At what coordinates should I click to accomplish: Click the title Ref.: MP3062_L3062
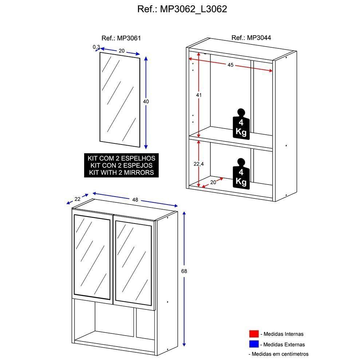click(182, 9)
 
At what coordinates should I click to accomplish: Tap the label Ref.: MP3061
click(121, 38)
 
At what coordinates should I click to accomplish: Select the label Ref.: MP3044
click(251, 37)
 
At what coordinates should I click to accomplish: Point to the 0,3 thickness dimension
click(96, 47)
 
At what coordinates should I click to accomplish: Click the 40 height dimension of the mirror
click(146, 102)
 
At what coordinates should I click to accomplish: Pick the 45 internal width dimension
click(230, 65)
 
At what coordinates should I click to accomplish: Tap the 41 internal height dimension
click(198, 95)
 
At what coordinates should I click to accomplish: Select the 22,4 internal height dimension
click(198, 164)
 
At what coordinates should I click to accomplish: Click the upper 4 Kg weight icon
click(241, 124)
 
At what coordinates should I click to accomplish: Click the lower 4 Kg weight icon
click(241, 174)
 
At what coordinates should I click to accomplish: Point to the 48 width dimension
click(135, 199)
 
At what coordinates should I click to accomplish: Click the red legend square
click(254, 334)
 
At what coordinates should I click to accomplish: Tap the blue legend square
click(254, 344)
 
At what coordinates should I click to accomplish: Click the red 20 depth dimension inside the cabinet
click(213, 182)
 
